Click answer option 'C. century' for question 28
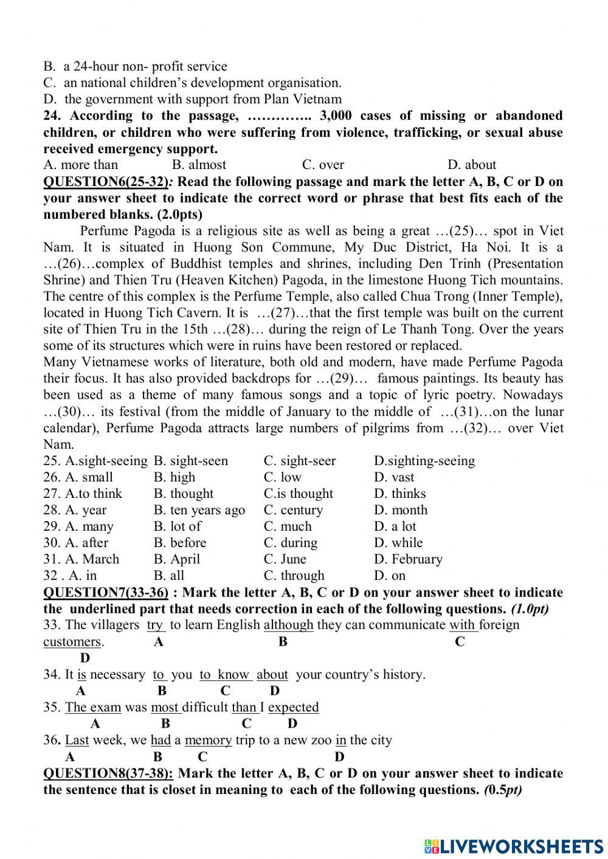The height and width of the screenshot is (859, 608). [293, 510]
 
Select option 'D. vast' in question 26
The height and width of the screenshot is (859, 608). [394, 477]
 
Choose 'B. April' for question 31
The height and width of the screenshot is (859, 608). [176, 559]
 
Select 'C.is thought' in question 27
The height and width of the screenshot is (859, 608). [299, 494]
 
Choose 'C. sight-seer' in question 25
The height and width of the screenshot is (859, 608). [300, 461]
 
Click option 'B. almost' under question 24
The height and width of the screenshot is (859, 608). [199, 165]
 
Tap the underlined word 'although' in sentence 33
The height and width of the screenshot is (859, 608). [288, 625]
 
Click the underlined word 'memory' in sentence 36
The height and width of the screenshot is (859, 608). [208, 740]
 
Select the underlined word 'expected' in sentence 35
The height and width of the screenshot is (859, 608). [293, 708]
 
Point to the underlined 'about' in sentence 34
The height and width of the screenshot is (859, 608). [272, 675]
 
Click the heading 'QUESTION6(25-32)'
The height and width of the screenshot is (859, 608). [105, 182]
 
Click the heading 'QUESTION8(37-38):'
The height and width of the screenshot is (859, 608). [108, 774]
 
